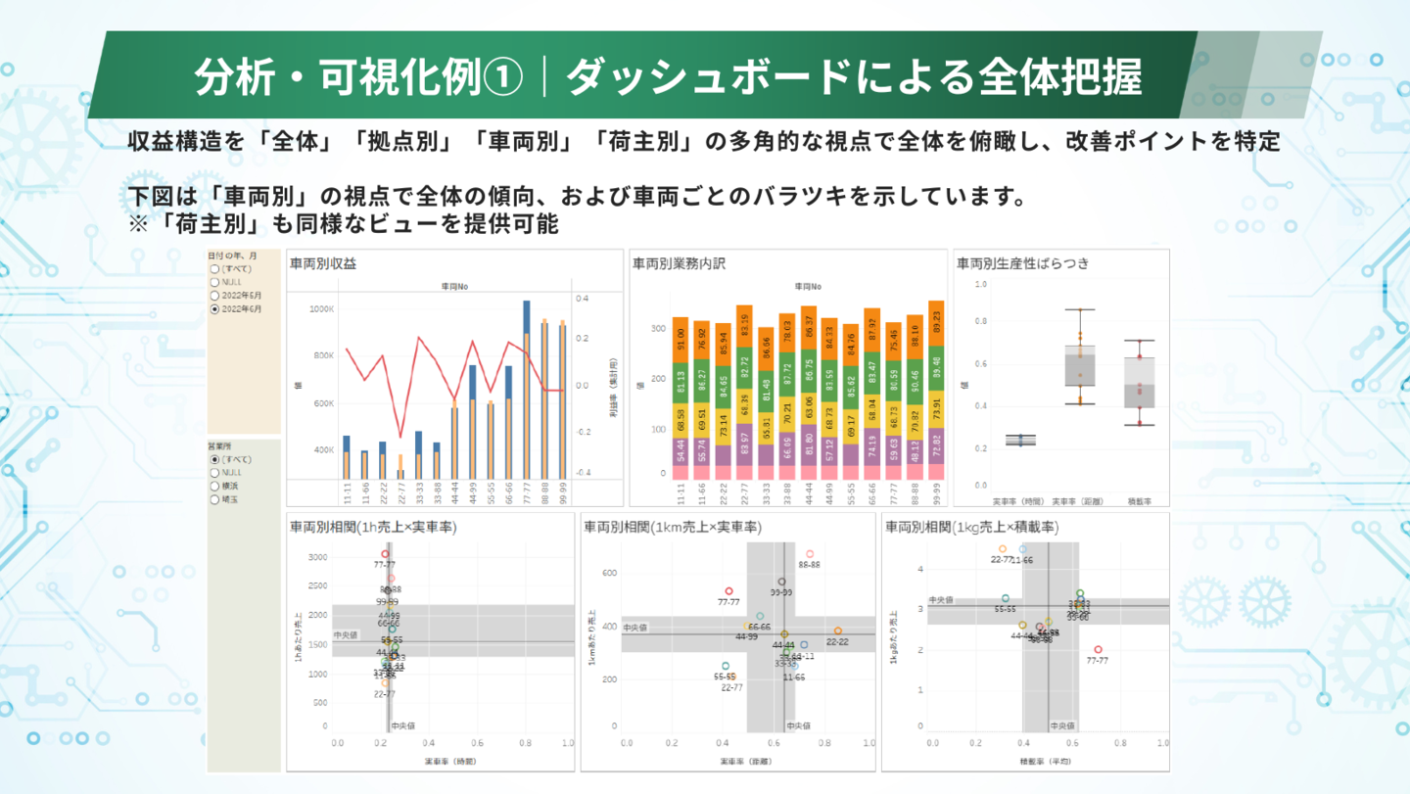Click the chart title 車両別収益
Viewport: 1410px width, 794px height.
click(x=323, y=263)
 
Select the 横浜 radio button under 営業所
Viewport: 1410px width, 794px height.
click(x=214, y=485)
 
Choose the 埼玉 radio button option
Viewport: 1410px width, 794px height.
click(x=214, y=498)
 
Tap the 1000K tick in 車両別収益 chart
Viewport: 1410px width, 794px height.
click(x=321, y=309)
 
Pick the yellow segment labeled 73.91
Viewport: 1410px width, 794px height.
click(x=936, y=407)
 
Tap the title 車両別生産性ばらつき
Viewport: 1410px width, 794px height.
click(x=1022, y=263)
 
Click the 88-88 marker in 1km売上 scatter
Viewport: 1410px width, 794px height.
click(x=810, y=554)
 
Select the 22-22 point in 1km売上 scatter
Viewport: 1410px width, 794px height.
click(x=837, y=631)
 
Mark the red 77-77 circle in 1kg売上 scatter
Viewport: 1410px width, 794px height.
click(x=1098, y=650)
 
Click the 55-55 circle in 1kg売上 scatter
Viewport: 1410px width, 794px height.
click(x=1005, y=598)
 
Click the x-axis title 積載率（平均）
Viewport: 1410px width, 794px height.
click(x=1047, y=760)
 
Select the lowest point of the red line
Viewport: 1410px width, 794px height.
click(x=399, y=438)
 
